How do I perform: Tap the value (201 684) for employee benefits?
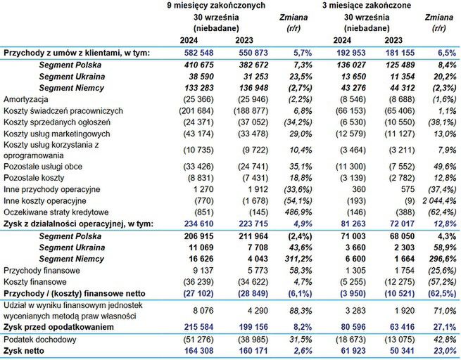pyautogui.click(x=186, y=111)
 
